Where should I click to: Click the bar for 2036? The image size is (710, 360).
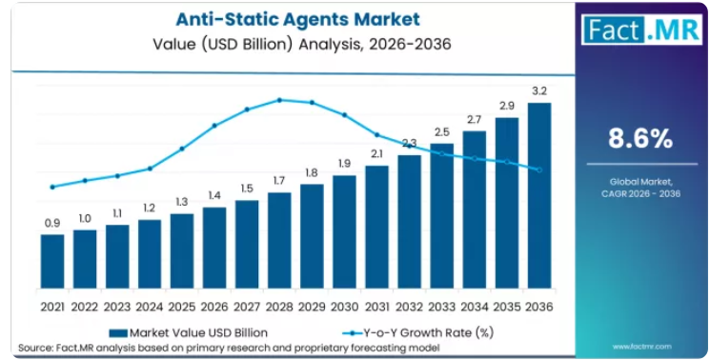[539, 195]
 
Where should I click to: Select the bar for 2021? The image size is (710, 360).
[52, 261]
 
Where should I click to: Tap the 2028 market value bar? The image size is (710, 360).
[279, 241]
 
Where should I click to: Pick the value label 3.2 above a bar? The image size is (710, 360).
[539, 90]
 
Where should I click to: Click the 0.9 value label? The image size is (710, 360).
[52, 223]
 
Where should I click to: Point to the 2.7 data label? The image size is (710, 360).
[475, 120]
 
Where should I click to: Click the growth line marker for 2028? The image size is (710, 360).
[279, 100]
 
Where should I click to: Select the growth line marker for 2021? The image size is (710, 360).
[52, 187]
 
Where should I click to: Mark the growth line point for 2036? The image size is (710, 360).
[539, 170]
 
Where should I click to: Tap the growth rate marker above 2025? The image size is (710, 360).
[182, 149]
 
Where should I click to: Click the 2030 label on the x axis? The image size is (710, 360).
[344, 307]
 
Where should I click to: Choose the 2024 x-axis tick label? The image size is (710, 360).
[150, 307]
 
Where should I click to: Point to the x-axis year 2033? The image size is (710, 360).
[442, 307]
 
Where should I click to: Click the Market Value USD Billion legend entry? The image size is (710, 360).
[189, 333]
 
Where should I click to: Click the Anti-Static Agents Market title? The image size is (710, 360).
[298, 19]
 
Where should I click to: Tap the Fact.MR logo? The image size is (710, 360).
[641, 29]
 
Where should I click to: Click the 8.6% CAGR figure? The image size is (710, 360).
[640, 139]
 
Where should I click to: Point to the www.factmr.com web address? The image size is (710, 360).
[641, 347]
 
